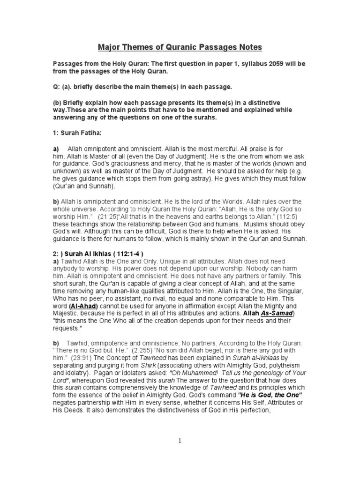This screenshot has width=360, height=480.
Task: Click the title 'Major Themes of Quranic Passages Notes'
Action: point(180,47)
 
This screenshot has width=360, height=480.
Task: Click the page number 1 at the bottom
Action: point(180,440)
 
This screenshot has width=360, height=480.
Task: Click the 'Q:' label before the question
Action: point(56,87)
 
